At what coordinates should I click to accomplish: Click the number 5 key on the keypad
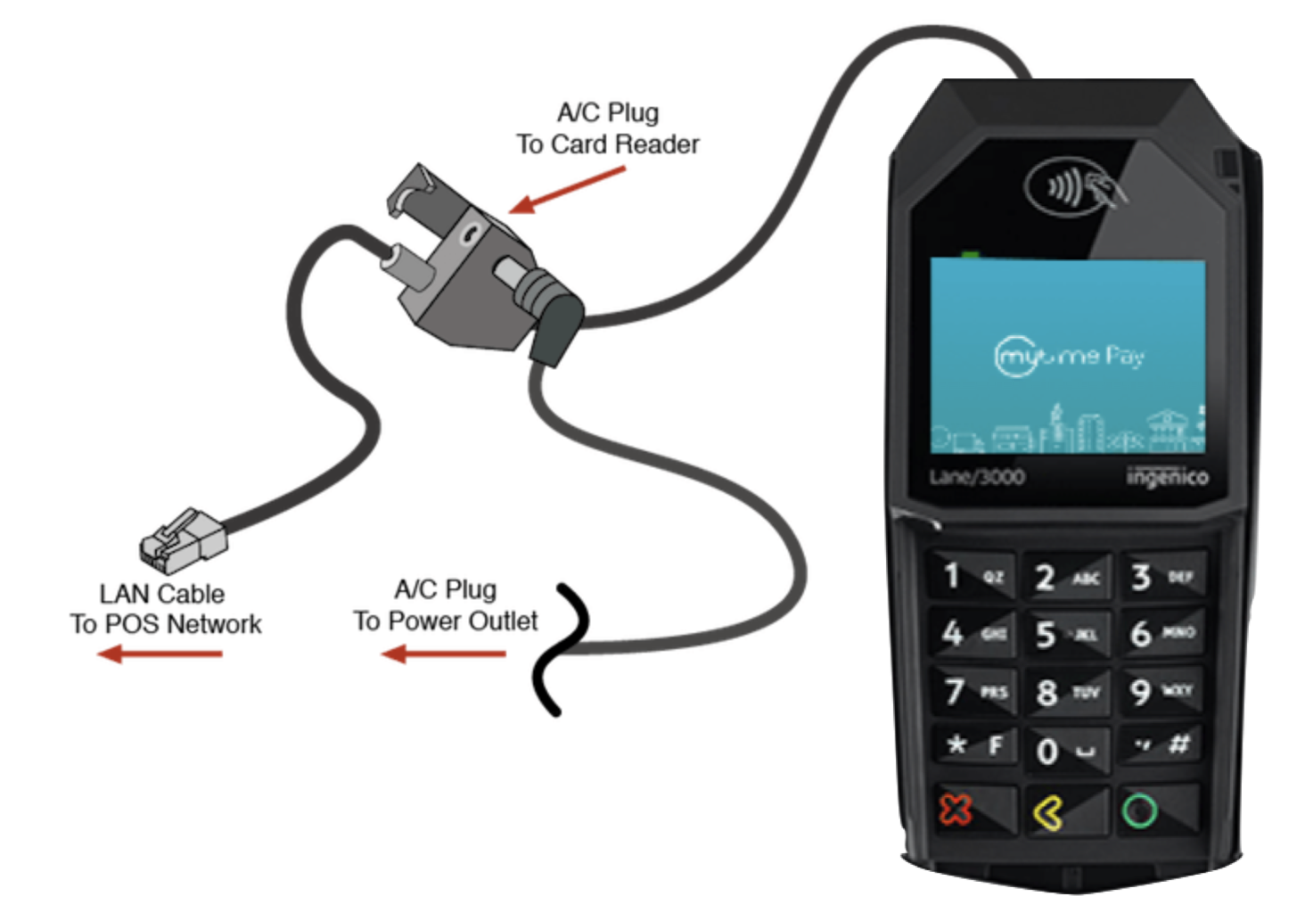coord(1065,634)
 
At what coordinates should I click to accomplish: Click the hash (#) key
coord(1163,744)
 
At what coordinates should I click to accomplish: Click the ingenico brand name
coord(1167,477)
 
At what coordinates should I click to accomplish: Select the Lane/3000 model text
coord(977,477)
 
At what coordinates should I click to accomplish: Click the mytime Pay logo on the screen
coord(1068,357)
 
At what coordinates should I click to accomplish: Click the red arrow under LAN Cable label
coord(160,655)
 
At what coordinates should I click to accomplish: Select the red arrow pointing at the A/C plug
coord(567,191)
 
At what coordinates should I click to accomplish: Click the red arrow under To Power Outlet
coord(443,655)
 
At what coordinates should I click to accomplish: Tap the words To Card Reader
coord(608,144)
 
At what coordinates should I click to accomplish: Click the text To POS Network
coord(166,624)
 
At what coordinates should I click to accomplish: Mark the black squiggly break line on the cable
coord(561,648)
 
